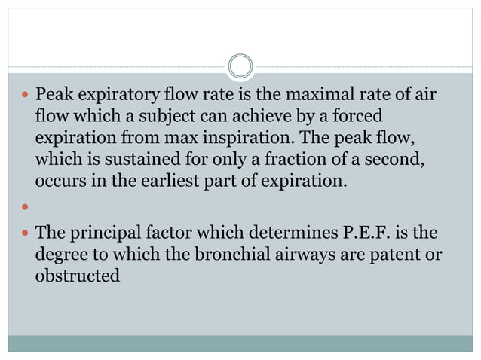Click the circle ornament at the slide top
(x=240, y=66)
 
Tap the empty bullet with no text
(x=26, y=207)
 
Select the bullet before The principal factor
(x=26, y=234)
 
